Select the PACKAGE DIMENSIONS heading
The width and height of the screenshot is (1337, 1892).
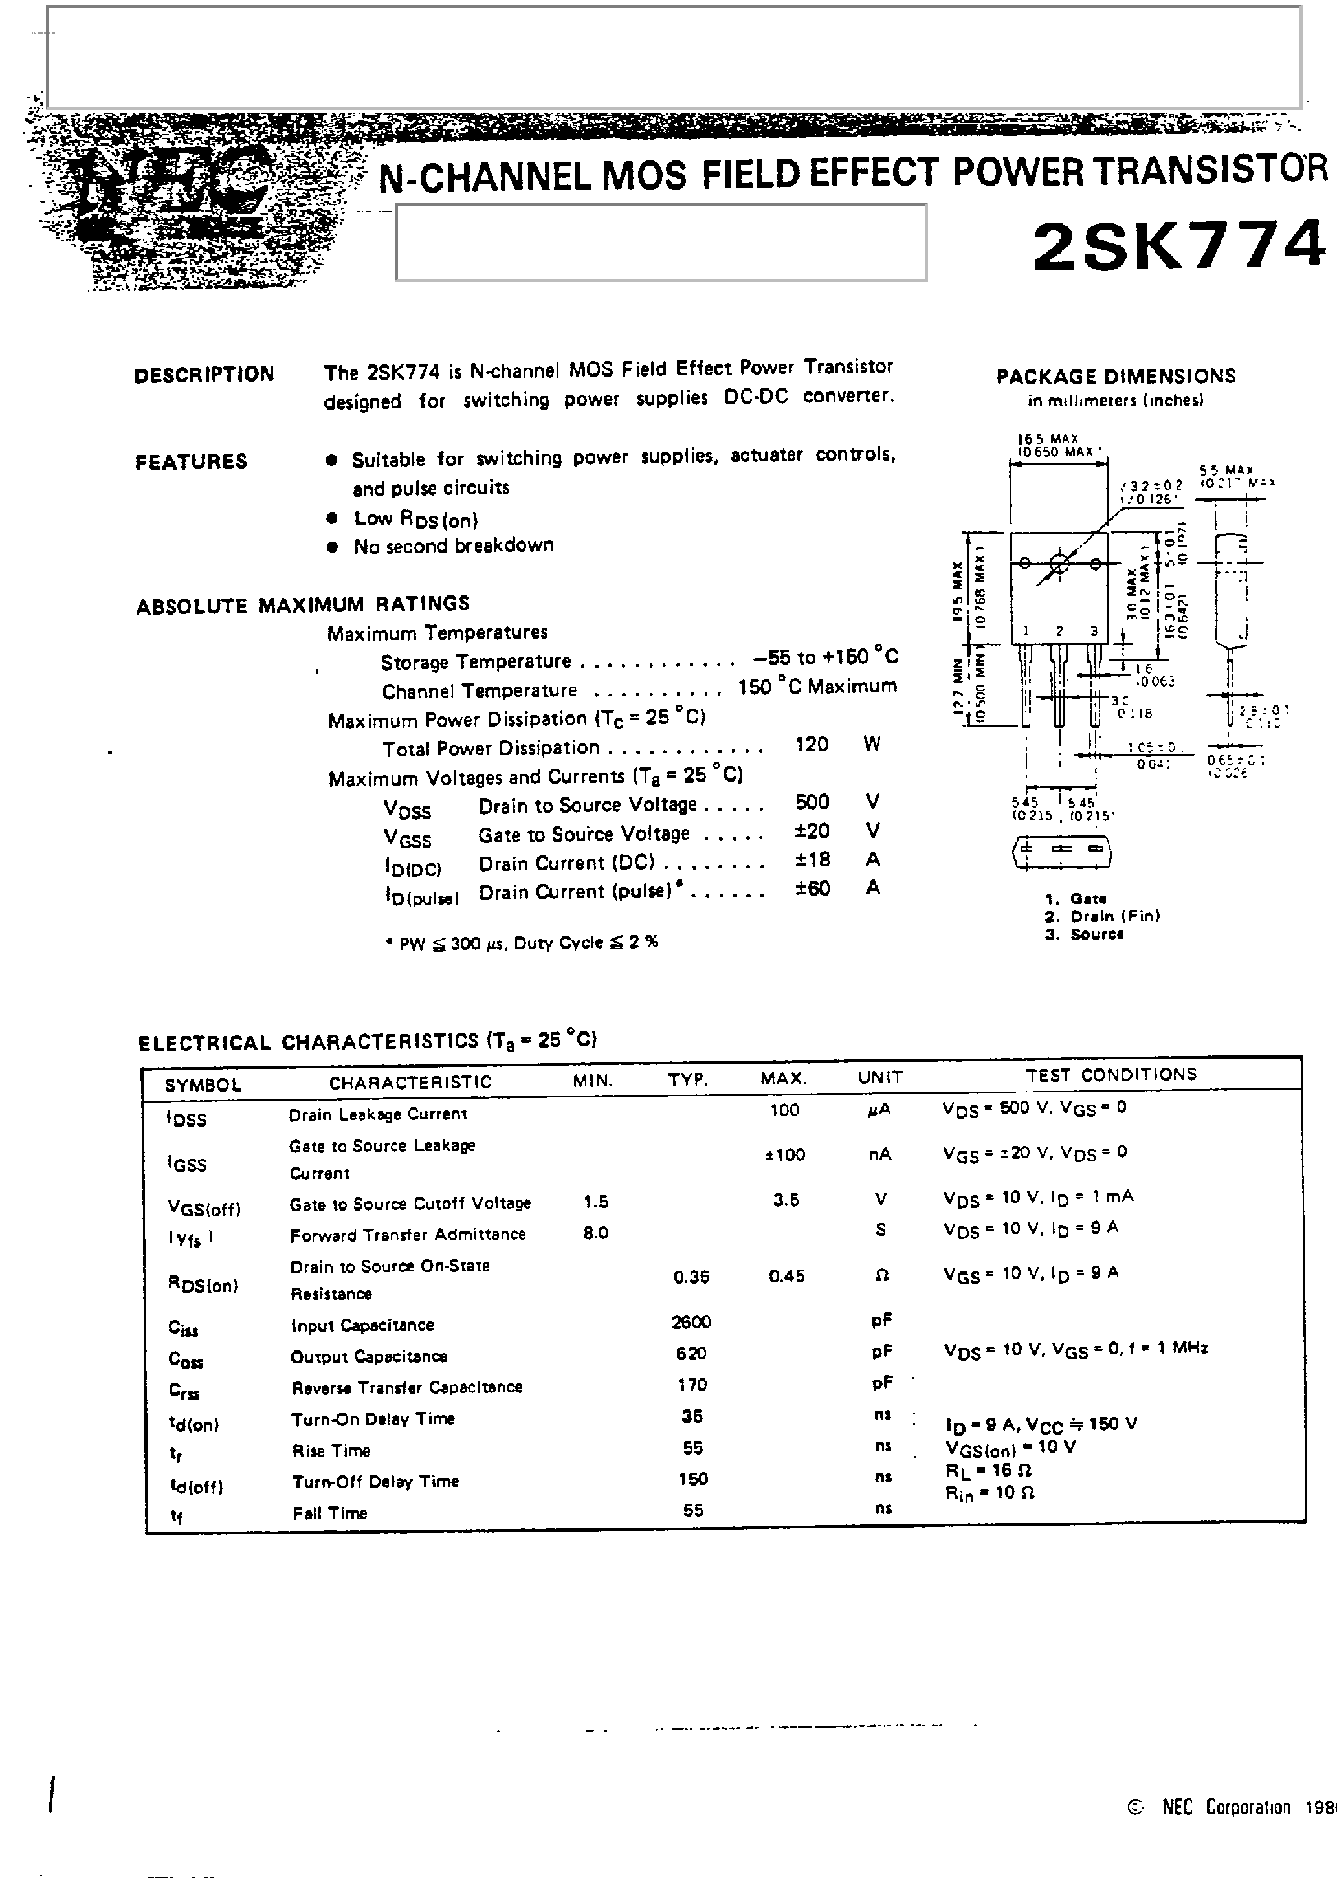(1115, 377)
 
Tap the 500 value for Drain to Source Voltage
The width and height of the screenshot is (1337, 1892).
(812, 802)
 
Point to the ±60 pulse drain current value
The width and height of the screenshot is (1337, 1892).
(812, 888)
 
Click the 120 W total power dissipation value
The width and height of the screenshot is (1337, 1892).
(812, 744)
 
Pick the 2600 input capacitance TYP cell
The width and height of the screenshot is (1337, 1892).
(691, 1322)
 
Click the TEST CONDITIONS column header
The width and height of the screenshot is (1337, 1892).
(1110, 1075)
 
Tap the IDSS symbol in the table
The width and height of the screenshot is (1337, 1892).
(186, 1118)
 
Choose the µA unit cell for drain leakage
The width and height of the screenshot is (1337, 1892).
(879, 1110)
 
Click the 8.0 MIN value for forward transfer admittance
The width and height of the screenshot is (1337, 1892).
(595, 1233)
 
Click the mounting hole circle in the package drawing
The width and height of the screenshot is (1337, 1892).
(1060, 564)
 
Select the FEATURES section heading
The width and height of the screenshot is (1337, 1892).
(192, 461)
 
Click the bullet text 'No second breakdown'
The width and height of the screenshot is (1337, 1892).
(454, 545)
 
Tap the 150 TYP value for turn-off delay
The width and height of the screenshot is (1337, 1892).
(692, 1479)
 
